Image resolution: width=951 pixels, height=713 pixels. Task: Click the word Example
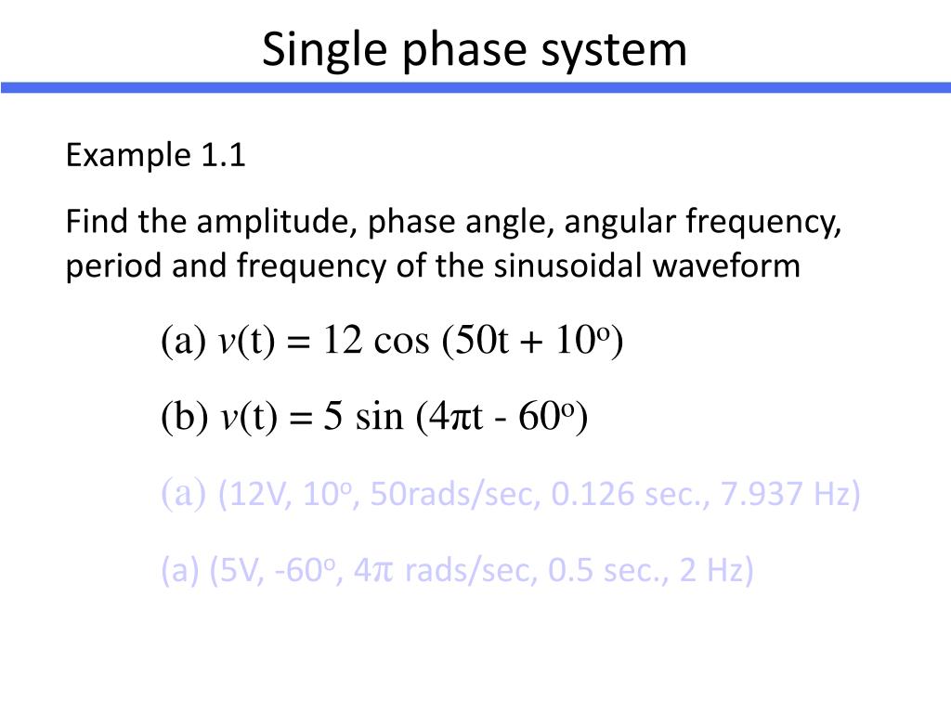pos(126,156)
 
